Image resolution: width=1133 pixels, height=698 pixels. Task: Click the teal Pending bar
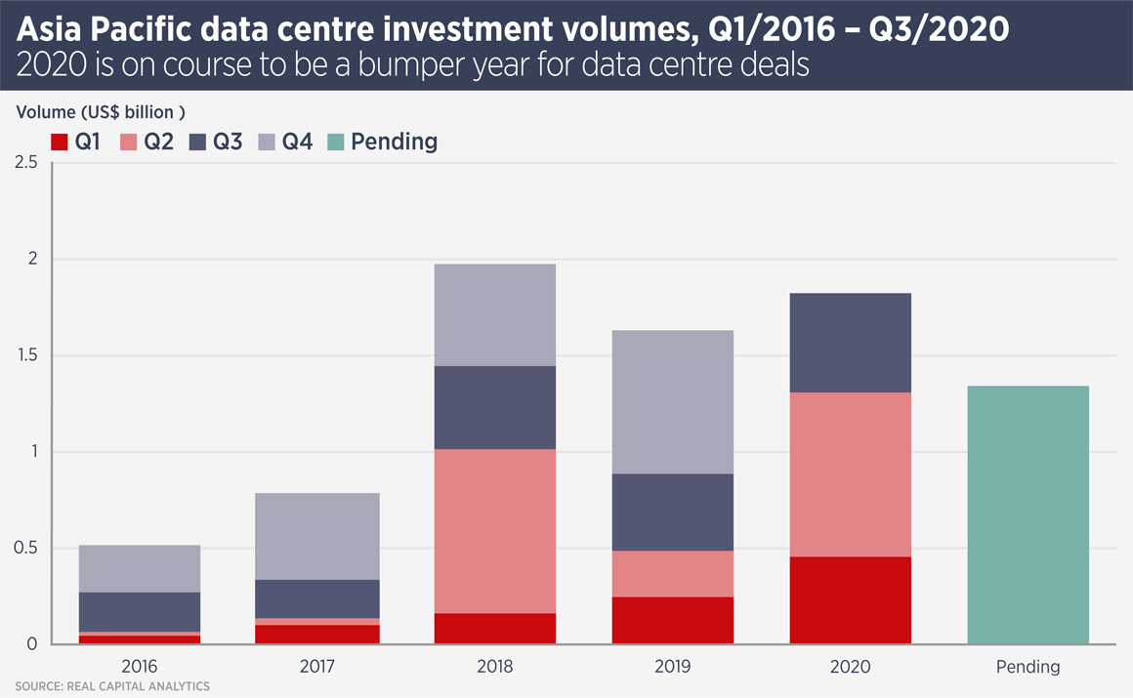[1028, 514]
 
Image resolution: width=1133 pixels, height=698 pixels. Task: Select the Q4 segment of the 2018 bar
[495, 314]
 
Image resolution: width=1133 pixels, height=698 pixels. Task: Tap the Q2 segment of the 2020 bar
[850, 474]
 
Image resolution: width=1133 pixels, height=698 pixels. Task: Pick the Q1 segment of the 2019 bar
[672, 620]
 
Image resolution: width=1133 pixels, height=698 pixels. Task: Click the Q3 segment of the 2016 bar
[140, 611]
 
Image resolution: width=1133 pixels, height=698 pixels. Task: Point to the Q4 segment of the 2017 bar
[317, 536]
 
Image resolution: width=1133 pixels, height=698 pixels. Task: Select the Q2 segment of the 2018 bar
[495, 531]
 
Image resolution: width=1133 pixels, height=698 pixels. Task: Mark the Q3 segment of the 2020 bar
[850, 343]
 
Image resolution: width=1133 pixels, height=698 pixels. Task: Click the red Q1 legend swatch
[59, 143]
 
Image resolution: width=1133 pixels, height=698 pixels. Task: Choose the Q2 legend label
[159, 142]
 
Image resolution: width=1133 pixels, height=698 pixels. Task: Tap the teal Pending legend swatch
[336, 143]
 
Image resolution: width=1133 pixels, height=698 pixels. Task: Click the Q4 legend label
[297, 142]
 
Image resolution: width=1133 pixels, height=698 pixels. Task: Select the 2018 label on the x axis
[495, 668]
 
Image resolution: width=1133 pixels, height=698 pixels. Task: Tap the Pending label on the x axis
[1028, 668]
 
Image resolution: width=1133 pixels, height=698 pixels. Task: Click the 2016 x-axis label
[140, 668]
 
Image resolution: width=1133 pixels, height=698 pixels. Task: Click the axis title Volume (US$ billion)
[101, 111]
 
